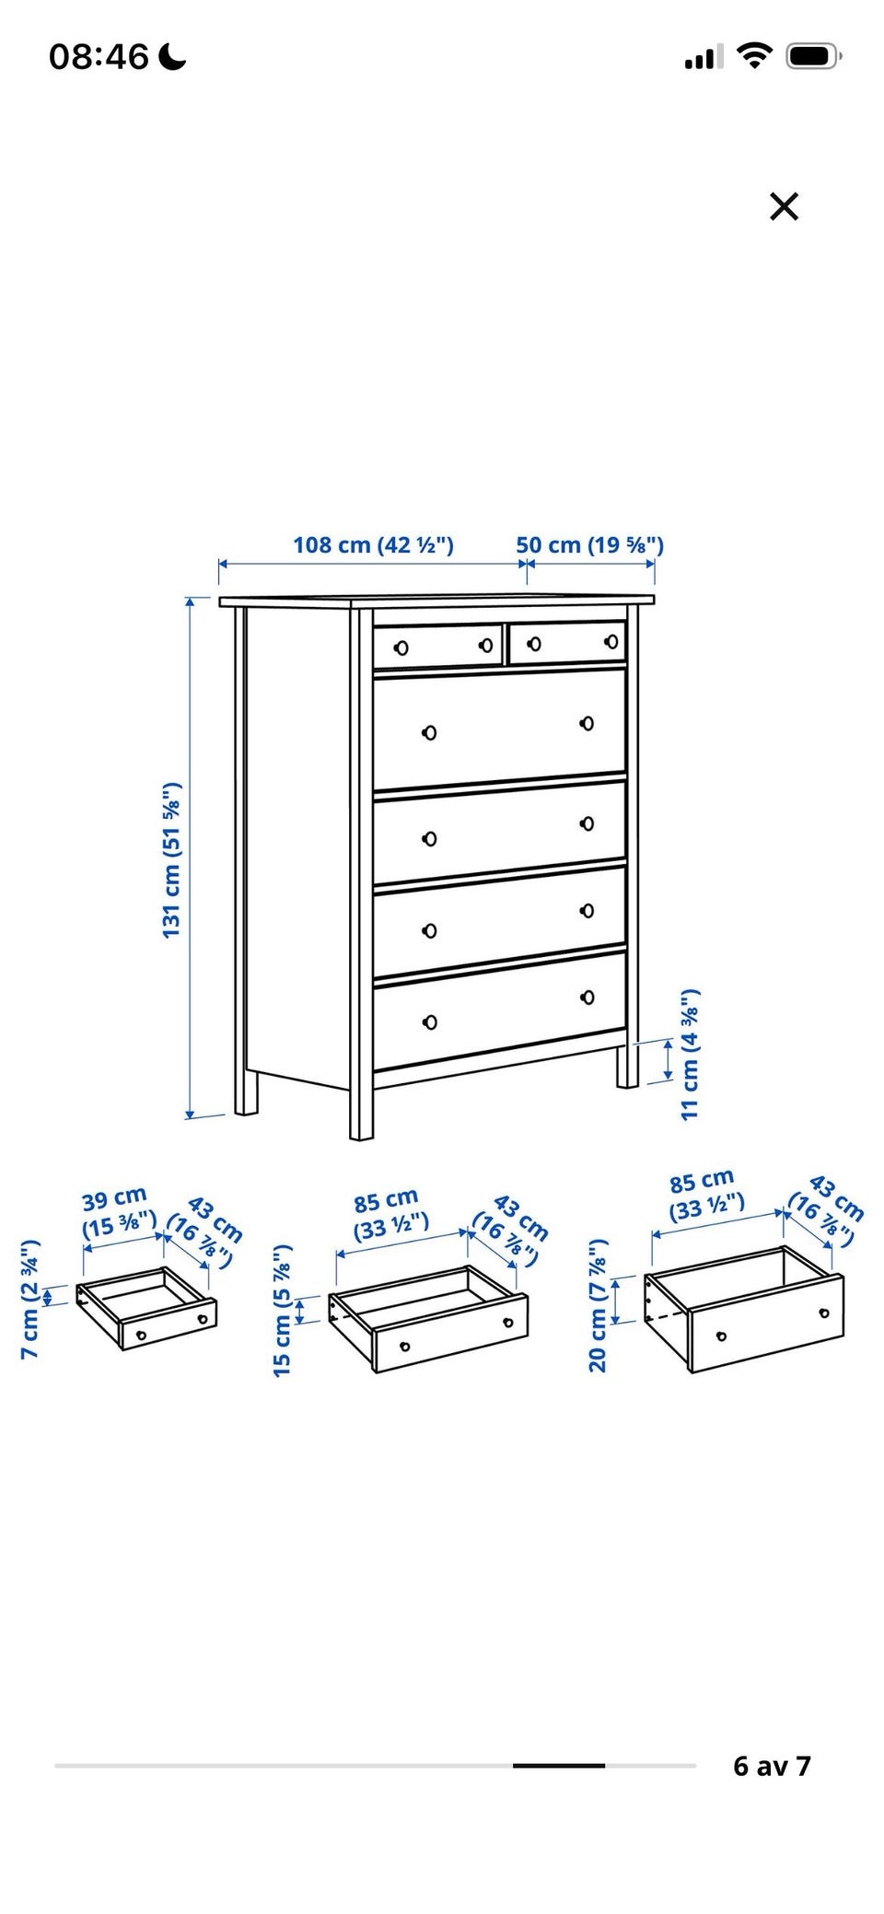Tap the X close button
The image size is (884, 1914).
(x=784, y=206)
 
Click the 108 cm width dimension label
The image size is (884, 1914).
(x=373, y=544)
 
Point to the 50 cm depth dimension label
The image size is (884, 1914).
(x=589, y=544)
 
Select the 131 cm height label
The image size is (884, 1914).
(x=171, y=859)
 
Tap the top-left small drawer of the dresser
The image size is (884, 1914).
(x=438, y=645)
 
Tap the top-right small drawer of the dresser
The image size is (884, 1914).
(x=567, y=641)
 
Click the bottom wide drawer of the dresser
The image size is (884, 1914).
(x=499, y=1010)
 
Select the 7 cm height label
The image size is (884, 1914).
(x=30, y=1299)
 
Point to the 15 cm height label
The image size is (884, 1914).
(x=283, y=1310)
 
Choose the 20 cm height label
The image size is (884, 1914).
(x=598, y=1305)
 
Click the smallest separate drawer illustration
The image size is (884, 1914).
(x=146, y=1308)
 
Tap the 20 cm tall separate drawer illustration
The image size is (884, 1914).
(x=744, y=1309)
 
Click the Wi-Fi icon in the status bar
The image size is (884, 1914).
(x=755, y=57)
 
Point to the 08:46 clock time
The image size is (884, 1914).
(x=99, y=58)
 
